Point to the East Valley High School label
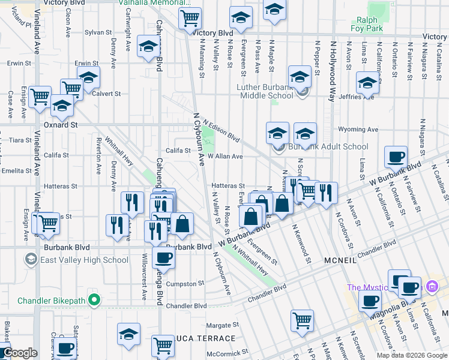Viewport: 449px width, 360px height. point(83,260)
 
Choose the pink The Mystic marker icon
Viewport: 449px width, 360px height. point(430,287)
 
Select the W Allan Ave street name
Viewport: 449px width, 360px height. point(225,156)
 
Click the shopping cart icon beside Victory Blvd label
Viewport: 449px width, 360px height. point(190,19)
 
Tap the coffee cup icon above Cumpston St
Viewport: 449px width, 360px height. point(163,258)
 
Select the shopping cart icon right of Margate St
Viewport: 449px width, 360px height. point(302,319)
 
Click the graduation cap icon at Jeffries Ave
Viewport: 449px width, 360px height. point(367,83)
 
